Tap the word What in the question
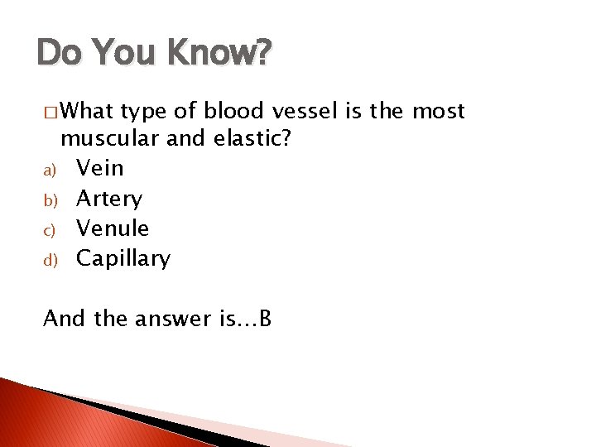pos(89,111)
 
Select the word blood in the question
pos(232,111)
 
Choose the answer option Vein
pos(99,168)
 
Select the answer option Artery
pos(108,199)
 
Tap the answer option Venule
pos(113,228)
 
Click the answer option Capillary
pos(123,259)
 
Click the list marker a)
pos(49,171)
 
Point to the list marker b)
pos(49,200)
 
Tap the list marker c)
pos(49,230)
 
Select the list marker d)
pos(49,260)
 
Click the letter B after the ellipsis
pos(265,318)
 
